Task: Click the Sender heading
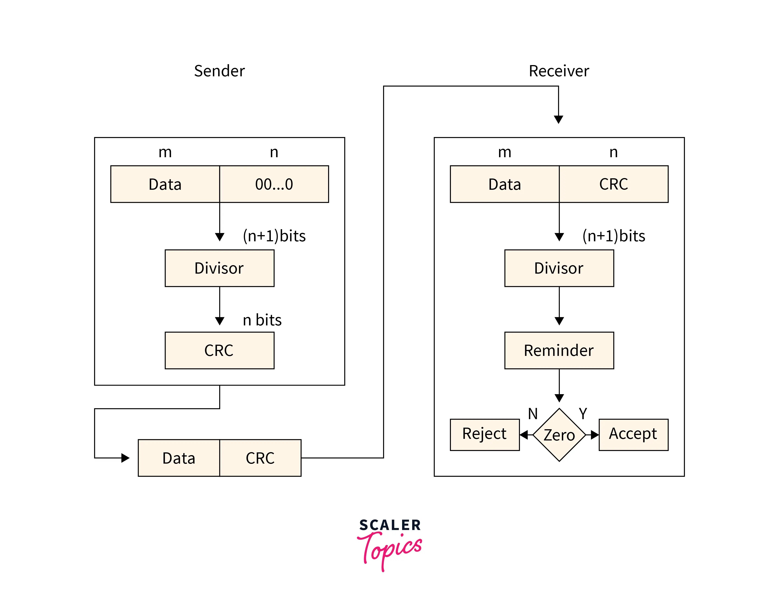[219, 71]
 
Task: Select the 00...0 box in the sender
[274, 184]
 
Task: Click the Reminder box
[559, 350]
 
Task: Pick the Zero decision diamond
[559, 434]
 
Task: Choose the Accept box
[633, 434]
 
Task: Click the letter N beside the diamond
[532, 414]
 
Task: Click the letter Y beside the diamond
[583, 414]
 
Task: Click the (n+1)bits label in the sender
[274, 236]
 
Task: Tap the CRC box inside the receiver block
[613, 184]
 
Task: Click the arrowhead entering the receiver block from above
[558, 119]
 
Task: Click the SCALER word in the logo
[390, 525]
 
